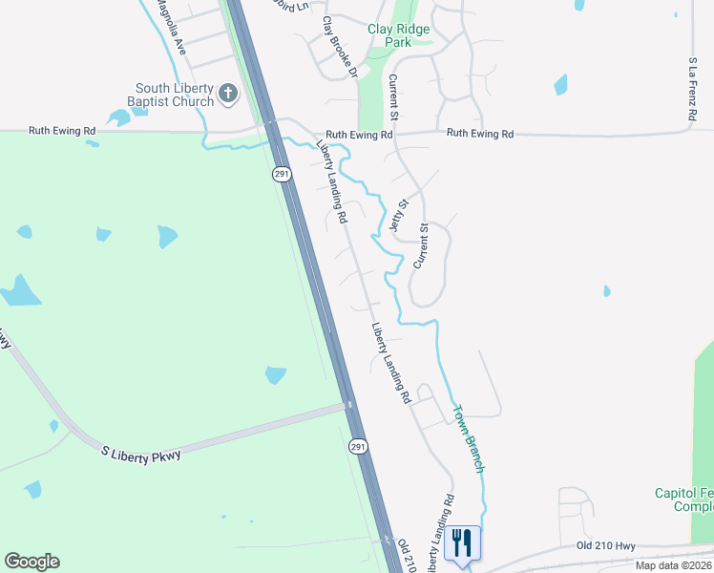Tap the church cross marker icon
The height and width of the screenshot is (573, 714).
(x=227, y=93)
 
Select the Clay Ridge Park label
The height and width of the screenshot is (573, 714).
(x=398, y=35)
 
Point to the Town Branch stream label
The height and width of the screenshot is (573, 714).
(x=469, y=438)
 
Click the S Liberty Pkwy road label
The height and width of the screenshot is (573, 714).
(x=142, y=453)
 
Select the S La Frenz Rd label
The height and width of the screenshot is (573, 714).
(x=693, y=88)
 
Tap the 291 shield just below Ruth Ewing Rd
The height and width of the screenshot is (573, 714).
(x=281, y=174)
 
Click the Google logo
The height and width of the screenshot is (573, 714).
(x=31, y=562)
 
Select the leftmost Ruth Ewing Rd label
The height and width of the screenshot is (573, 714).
(x=63, y=130)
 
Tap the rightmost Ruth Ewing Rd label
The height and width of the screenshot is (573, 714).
(x=480, y=134)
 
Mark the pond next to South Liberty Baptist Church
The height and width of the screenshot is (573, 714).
(x=119, y=118)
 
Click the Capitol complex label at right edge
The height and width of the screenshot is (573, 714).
(x=683, y=499)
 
